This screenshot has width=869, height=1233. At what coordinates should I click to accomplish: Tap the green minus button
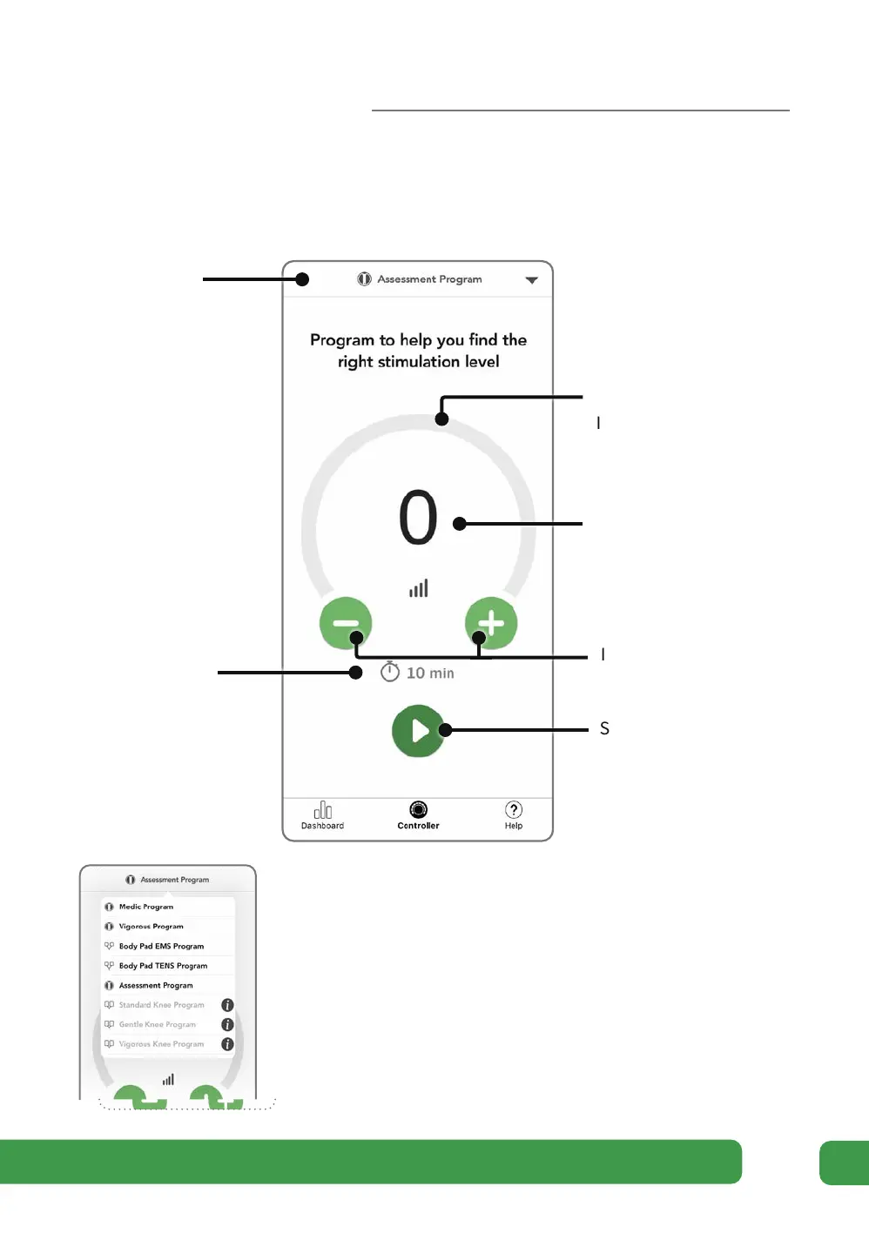coord(346,623)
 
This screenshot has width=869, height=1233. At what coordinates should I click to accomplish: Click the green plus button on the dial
coord(491,623)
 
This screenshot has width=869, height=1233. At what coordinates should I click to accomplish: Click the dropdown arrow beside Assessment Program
coord(532,280)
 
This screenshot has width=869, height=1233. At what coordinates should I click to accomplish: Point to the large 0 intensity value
coord(418,518)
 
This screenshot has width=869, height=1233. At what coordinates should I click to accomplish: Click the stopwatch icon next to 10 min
coord(390,672)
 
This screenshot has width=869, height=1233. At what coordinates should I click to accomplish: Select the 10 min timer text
coord(430,673)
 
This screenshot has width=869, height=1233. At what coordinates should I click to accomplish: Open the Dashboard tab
coord(322,815)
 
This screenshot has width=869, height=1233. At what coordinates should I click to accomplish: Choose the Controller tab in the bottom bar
coord(418,815)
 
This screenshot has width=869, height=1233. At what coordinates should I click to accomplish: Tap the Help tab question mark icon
coord(514,810)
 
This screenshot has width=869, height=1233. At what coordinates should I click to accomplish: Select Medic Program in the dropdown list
coord(146,907)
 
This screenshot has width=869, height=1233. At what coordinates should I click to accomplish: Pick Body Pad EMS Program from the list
coord(161,946)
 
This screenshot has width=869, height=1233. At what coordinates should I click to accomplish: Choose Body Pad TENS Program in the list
coord(163,966)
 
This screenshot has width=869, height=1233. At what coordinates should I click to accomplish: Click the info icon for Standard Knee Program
coord(227,1005)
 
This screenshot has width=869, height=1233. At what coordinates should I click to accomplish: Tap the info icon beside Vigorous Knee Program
coord(227,1044)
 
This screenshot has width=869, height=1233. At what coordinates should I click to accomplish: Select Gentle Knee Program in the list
coord(158,1025)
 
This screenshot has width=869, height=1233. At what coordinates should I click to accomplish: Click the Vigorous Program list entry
coord(151,927)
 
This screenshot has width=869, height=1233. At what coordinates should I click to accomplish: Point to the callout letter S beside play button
coord(604,729)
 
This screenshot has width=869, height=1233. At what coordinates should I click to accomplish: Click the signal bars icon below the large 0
coord(419,589)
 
